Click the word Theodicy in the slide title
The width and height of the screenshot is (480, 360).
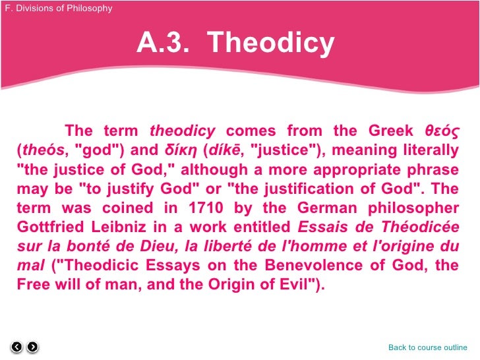(x=271, y=44)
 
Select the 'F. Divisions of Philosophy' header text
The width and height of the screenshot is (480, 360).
(x=58, y=9)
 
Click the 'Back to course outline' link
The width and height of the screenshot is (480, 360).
(x=428, y=347)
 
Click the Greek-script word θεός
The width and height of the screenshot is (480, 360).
(x=442, y=131)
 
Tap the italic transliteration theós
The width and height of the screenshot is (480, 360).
(x=38, y=150)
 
